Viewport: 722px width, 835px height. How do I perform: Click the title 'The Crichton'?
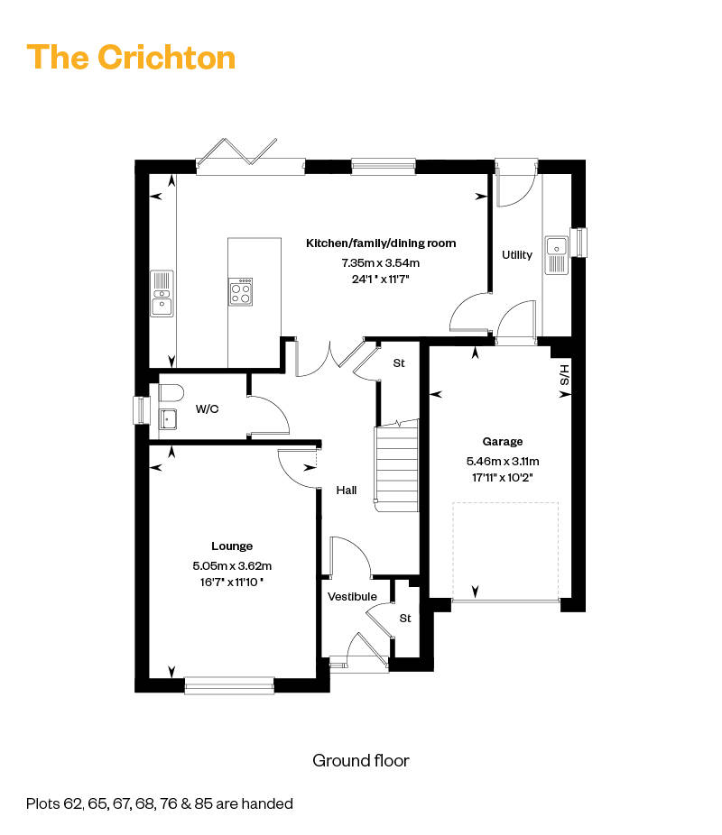coord(131,58)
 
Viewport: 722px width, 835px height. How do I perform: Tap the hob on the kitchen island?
coord(241,292)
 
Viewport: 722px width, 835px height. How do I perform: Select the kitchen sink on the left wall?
coord(162,293)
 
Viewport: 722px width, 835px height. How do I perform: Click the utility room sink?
coord(556,255)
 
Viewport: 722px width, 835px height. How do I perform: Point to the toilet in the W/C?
coord(171,393)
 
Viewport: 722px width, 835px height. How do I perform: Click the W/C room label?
coord(208,409)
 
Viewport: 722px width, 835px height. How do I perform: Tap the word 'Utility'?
coord(517,255)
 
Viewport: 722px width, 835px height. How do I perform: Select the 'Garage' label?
coord(503,442)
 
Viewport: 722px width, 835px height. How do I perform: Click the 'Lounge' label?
coord(232,546)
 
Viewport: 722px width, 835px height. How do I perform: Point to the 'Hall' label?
coord(347,490)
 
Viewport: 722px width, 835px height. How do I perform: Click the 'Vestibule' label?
coord(352,596)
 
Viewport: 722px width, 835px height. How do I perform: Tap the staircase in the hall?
coord(397,466)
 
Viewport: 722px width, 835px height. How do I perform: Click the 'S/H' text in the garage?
coord(565,375)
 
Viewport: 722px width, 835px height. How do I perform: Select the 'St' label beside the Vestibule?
coord(405,619)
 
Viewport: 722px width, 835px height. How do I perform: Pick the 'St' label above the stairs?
coord(399,363)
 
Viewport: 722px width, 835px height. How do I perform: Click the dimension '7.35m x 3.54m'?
coord(381,262)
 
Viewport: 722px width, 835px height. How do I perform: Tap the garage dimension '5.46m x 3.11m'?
coord(503,461)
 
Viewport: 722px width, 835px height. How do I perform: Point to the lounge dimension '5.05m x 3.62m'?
coord(232,565)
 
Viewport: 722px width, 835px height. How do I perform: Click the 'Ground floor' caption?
coord(361,760)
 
